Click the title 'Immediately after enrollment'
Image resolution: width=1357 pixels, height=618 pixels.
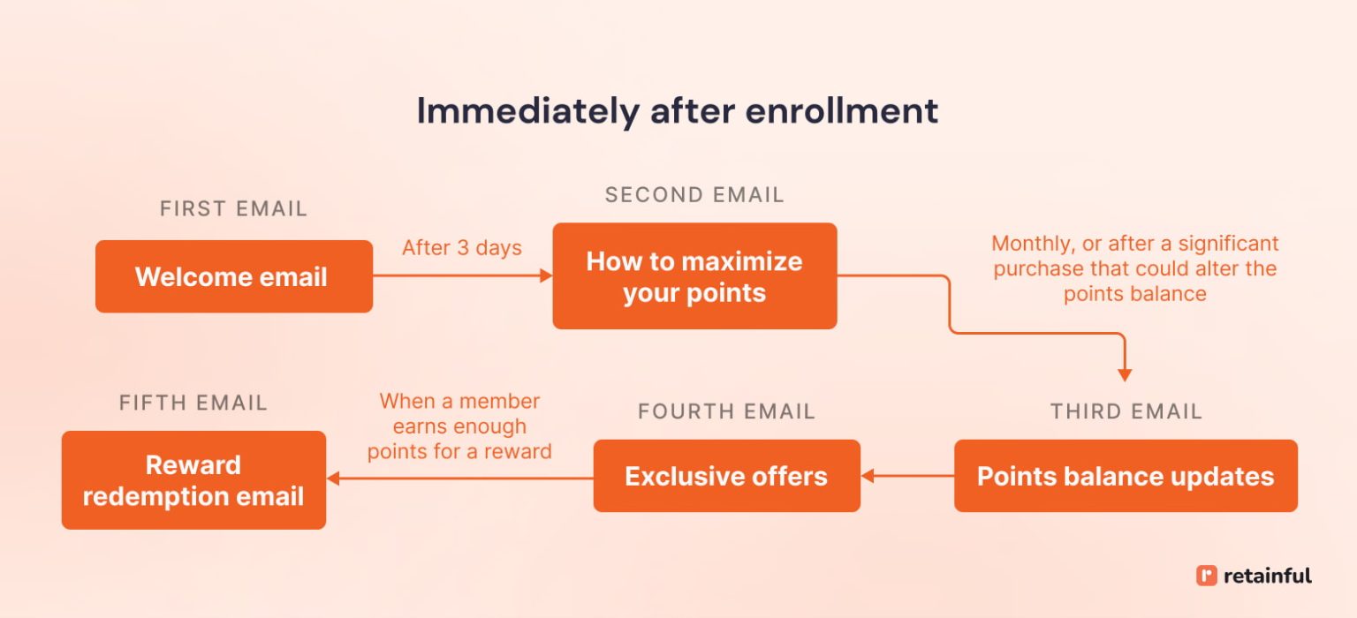(x=677, y=112)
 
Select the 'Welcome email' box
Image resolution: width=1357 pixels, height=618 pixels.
(x=233, y=276)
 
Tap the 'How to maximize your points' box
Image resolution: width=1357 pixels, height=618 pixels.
(x=694, y=276)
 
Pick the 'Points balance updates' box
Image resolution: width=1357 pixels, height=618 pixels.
(x=1125, y=476)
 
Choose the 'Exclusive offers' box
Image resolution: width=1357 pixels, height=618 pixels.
(x=726, y=476)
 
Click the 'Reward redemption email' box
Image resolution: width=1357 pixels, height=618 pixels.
(x=193, y=480)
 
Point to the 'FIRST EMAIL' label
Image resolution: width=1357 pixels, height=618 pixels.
(x=233, y=208)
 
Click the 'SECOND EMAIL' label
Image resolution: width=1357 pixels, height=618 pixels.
(x=694, y=195)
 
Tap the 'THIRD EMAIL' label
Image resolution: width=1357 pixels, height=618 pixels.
(x=1126, y=411)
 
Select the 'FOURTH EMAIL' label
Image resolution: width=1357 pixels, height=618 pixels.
(x=726, y=411)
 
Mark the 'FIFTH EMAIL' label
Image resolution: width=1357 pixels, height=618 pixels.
(x=193, y=403)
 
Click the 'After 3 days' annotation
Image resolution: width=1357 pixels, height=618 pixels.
(x=461, y=248)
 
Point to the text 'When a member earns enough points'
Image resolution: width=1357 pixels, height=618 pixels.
(x=459, y=426)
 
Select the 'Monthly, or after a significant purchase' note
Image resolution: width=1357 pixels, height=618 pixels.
(x=1134, y=268)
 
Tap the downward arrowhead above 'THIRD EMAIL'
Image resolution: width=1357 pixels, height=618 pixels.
(x=1125, y=374)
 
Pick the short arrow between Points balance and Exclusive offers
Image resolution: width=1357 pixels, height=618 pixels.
(x=907, y=476)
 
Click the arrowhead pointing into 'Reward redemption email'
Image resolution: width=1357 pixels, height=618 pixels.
(x=333, y=479)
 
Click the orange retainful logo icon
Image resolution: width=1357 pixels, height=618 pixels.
(x=1206, y=576)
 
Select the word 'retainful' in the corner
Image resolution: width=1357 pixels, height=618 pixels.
(x=1267, y=576)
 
